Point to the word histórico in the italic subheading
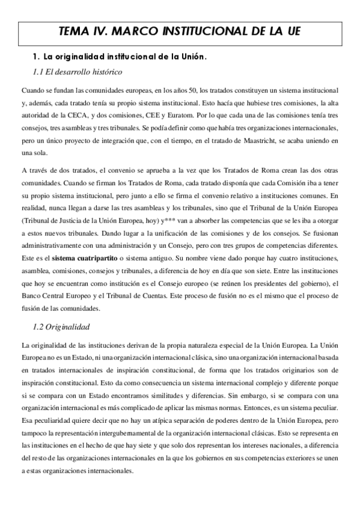pyautogui.click(x=105, y=72)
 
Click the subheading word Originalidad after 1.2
pyautogui.click(x=69, y=327)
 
